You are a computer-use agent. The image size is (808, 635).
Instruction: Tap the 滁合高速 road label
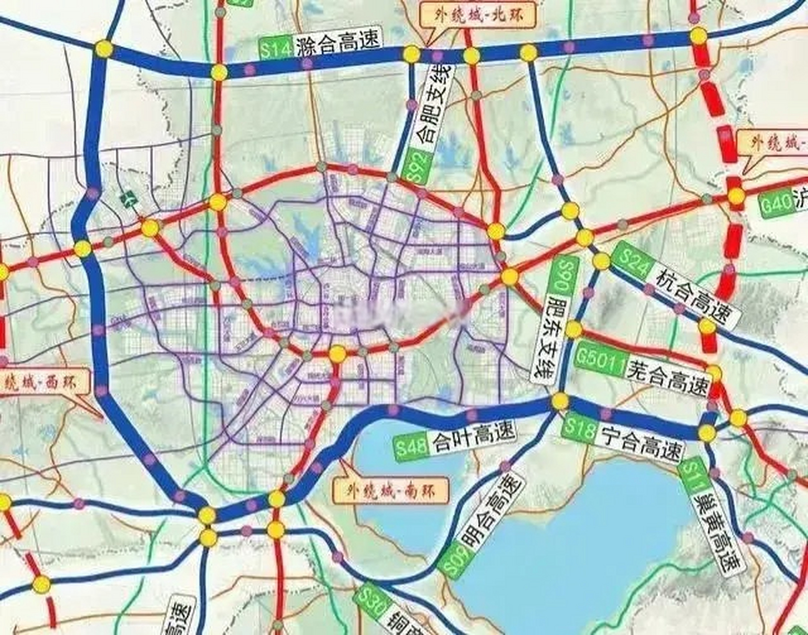[x=339, y=45]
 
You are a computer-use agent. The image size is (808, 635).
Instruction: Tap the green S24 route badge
[x=631, y=262]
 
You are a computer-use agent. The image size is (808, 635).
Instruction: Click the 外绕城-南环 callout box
[x=391, y=491]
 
